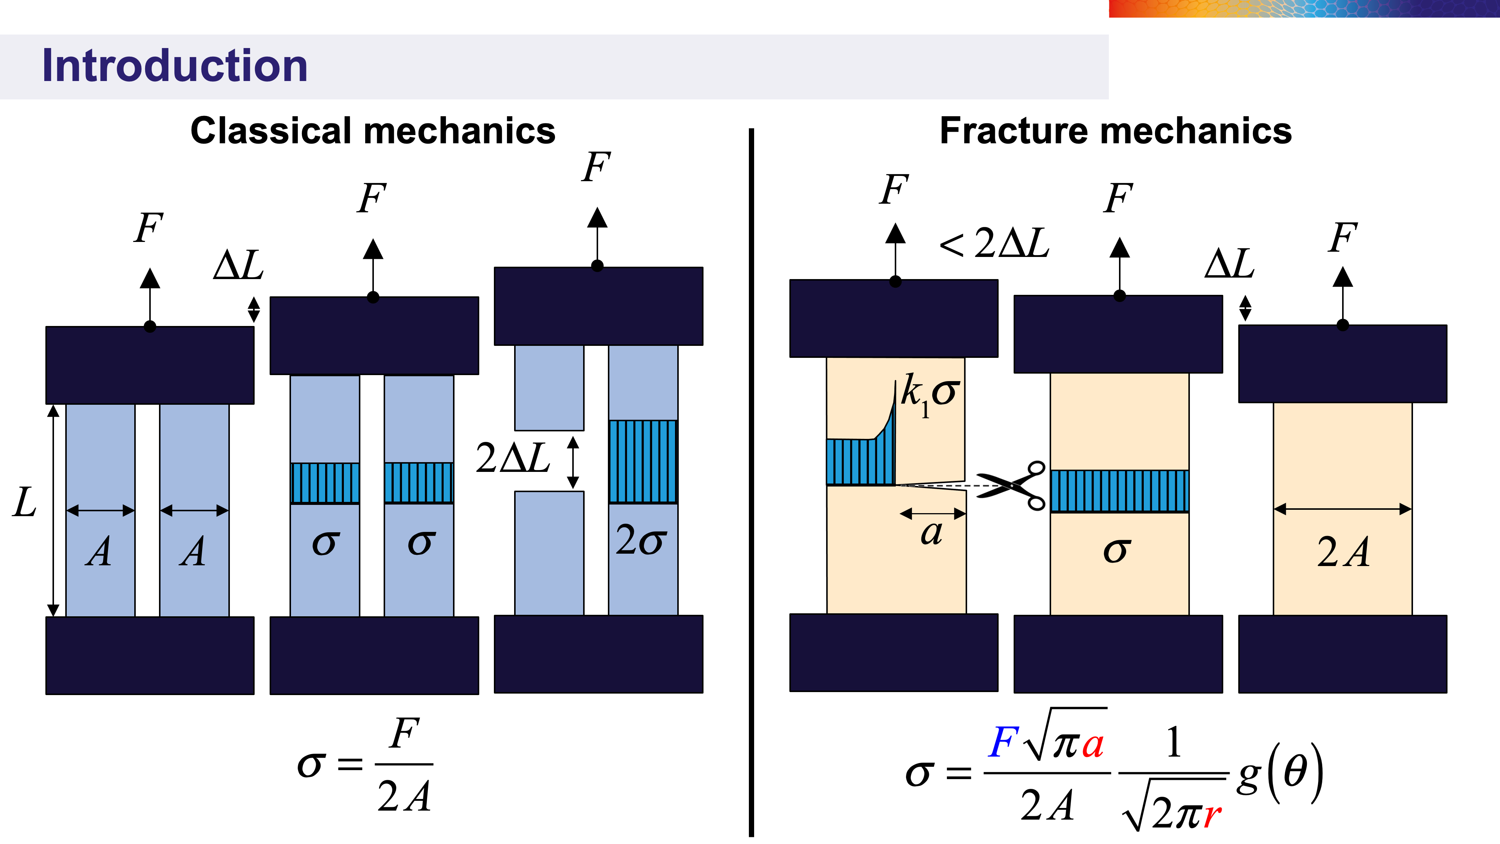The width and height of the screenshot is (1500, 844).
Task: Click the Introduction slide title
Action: click(x=175, y=65)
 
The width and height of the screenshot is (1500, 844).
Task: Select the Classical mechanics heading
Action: click(x=373, y=131)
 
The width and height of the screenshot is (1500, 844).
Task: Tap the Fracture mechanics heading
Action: click(x=1116, y=131)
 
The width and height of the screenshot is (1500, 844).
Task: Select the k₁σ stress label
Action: click(x=929, y=394)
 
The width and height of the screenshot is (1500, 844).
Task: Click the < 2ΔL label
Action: click(x=994, y=243)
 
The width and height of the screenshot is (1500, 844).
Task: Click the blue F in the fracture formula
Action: click(x=1003, y=743)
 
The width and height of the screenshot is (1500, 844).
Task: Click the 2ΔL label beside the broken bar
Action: click(x=512, y=458)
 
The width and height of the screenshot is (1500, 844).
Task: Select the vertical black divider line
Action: click(x=751, y=482)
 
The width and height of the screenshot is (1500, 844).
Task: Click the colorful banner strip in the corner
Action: click(x=1304, y=9)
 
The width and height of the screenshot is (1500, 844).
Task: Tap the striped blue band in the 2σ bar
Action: click(x=643, y=461)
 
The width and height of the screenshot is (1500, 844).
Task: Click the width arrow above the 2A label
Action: click(x=1342, y=509)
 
